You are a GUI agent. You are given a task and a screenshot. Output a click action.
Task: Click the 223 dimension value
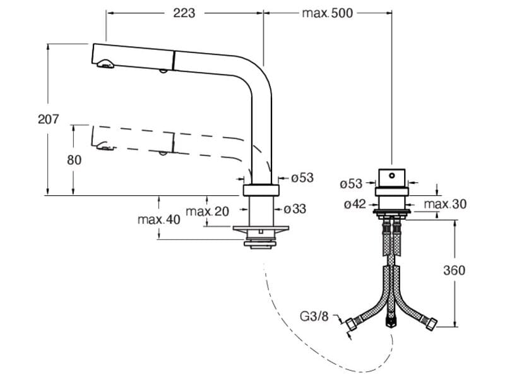pos(184,13)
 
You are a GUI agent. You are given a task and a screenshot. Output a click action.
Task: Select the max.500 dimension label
pos(327,13)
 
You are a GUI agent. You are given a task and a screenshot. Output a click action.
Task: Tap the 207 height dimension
pos(49,119)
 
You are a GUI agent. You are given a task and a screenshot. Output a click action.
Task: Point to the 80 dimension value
pos(74,160)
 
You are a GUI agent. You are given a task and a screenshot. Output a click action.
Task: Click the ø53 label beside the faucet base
pos(302,178)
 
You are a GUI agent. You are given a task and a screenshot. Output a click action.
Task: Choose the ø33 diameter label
pos(295,209)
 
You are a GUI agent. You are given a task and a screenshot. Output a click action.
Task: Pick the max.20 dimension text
pos(208,212)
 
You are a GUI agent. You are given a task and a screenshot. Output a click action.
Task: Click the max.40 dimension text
pos(159,219)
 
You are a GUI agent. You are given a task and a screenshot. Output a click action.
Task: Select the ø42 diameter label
pos(355,204)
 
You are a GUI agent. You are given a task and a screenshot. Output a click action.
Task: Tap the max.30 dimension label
pos(445,204)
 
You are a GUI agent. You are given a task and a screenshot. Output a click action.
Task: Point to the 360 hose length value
pos(454,270)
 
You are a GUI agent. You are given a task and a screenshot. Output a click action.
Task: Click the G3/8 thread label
pos(314,316)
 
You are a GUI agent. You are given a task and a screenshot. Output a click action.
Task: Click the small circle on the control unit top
pos(391,176)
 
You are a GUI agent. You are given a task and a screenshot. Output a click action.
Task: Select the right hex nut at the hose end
pos(431,323)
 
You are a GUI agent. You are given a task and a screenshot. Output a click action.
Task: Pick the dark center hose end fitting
pos(391,321)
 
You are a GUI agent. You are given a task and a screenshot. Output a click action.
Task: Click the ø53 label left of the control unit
pos(351,184)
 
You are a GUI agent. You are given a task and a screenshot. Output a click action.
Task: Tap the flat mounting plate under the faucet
pos(261,229)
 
